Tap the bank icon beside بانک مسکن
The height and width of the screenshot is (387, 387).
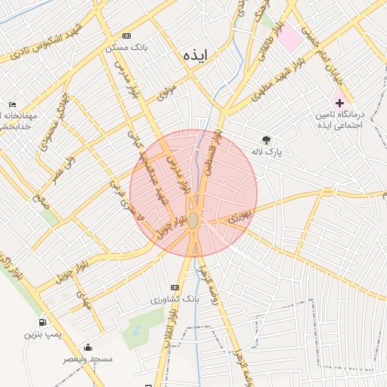coord(125,36)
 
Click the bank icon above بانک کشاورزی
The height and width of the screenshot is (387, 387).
coord(175,287)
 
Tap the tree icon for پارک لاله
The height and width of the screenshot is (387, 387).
coord(266,140)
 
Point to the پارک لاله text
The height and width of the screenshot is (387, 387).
coord(266,152)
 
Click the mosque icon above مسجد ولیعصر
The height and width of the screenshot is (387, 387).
coord(88,348)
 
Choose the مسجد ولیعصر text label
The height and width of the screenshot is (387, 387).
coord(88,359)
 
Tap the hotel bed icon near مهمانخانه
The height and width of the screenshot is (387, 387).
coord(12,104)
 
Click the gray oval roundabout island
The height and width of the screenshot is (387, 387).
coord(193,220)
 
